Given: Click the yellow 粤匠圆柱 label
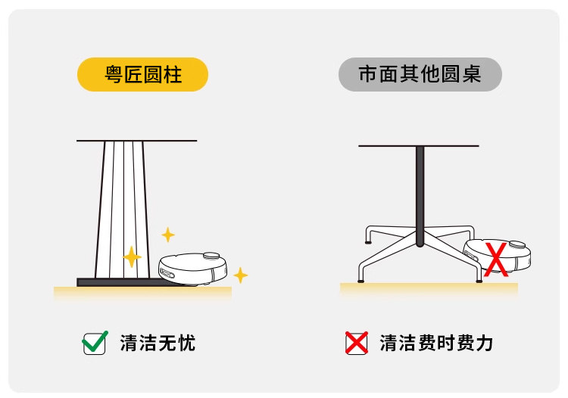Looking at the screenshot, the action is click(142, 74).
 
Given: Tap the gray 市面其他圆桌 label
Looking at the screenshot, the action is click(420, 74).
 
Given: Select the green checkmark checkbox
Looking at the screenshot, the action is click(94, 343).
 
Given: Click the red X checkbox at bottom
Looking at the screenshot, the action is click(356, 343).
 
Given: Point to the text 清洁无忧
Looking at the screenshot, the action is click(158, 343).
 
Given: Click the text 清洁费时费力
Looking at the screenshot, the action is click(436, 343).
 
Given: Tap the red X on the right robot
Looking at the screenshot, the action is click(496, 259).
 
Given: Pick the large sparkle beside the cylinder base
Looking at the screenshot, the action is click(132, 257).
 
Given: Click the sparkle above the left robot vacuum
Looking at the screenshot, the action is click(168, 235).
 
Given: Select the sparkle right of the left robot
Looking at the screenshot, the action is click(240, 275).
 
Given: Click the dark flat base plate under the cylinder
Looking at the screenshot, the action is click(121, 282).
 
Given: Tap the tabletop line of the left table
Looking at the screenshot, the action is click(136, 141).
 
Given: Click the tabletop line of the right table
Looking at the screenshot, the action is click(419, 145).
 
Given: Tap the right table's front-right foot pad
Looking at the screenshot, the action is click(479, 281).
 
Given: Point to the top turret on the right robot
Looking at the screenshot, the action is click(517, 244).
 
